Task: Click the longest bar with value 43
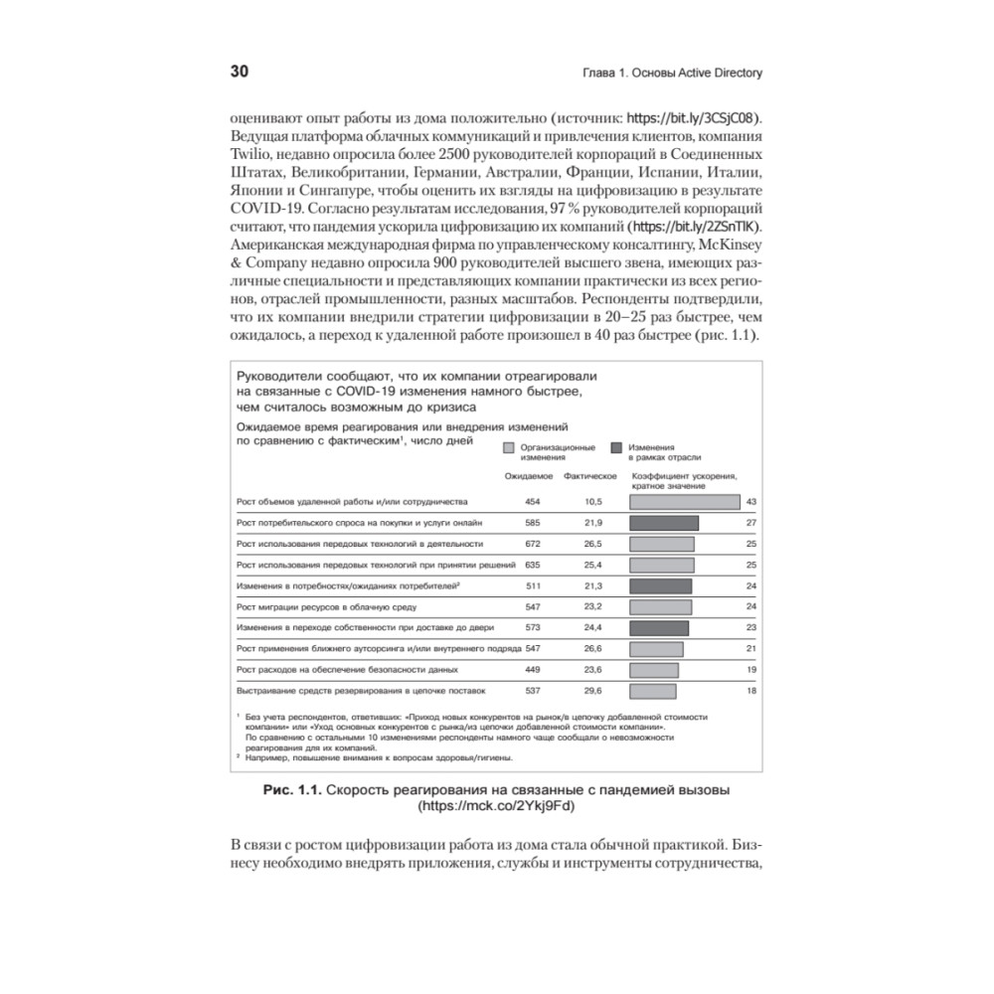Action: (x=686, y=502)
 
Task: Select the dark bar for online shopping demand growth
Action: (x=665, y=523)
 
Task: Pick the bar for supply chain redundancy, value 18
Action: (x=653, y=691)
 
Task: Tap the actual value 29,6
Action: (x=594, y=691)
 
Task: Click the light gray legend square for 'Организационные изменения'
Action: (x=509, y=448)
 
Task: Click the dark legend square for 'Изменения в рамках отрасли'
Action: (x=617, y=448)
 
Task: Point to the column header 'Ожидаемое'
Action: (x=529, y=477)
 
